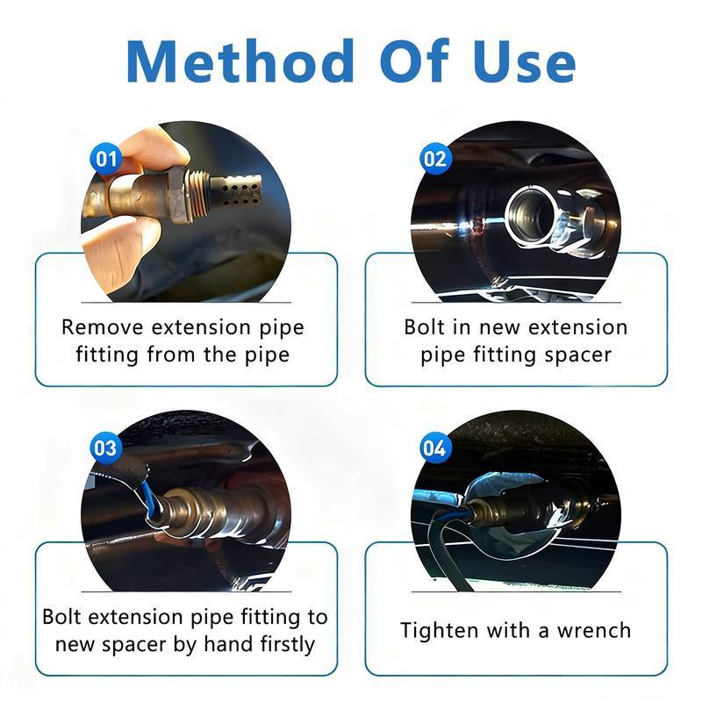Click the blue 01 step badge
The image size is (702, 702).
click(x=106, y=159)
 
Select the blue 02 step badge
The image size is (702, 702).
click(x=435, y=159)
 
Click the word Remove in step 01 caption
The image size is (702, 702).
click(x=103, y=327)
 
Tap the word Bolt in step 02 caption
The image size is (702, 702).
click(x=424, y=327)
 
